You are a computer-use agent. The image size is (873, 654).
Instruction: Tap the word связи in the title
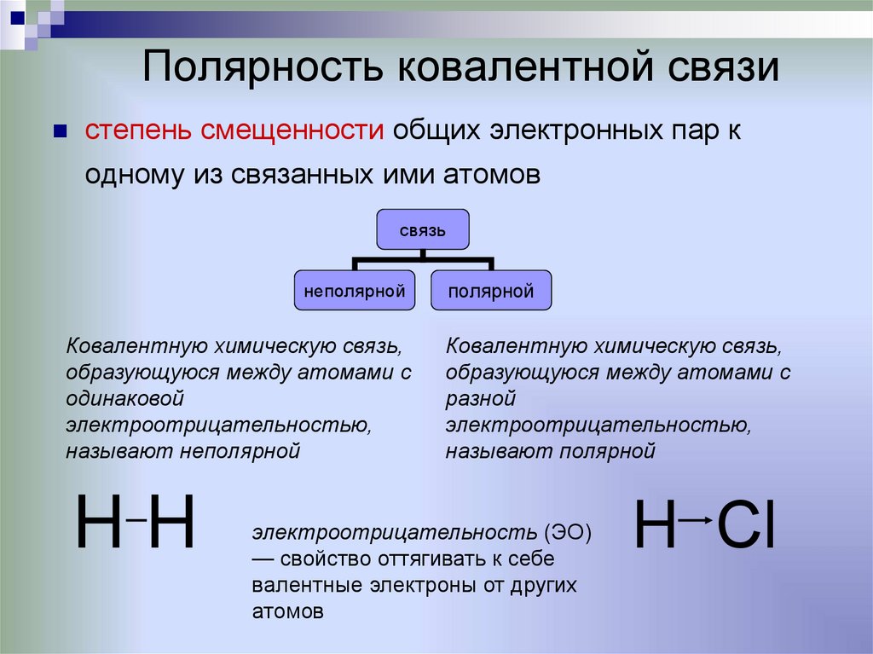pyautogui.click(x=717, y=67)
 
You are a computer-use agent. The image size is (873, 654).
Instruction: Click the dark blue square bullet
pyautogui.click(x=60, y=132)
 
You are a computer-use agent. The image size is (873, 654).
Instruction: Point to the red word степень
pyautogui.click(x=138, y=132)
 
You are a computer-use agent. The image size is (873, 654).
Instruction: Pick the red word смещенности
pyautogui.click(x=291, y=132)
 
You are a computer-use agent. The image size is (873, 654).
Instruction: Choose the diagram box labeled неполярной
pyautogui.click(x=355, y=291)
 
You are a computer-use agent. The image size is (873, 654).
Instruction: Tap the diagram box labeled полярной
pyautogui.click(x=491, y=291)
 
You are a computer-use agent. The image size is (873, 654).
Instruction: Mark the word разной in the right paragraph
pyautogui.click(x=482, y=399)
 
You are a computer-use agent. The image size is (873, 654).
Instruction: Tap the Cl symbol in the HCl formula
pyautogui.click(x=745, y=523)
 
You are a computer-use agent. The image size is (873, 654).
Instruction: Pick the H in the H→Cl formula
pyautogui.click(x=655, y=523)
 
